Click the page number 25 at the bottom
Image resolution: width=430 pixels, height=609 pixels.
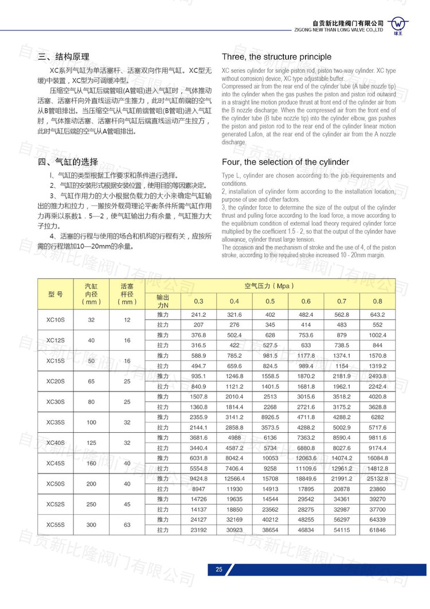point(218,569)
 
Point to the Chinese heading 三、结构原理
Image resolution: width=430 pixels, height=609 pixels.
point(64,57)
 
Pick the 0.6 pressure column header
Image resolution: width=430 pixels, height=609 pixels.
point(306,301)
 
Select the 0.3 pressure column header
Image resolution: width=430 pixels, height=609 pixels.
point(199,301)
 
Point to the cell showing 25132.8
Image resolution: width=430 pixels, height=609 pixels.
point(377,478)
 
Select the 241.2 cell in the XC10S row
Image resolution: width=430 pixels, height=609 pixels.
point(199,315)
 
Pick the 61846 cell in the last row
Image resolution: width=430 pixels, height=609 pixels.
point(377,529)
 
